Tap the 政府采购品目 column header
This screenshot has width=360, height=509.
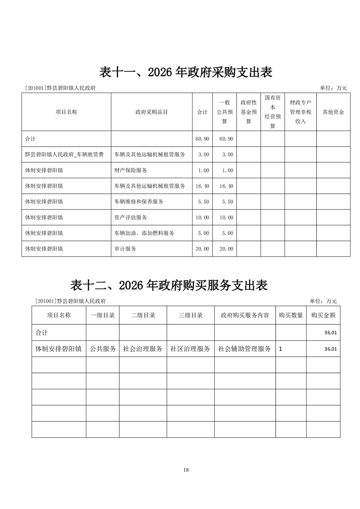coord(152,112)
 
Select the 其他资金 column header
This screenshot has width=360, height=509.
coord(333,112)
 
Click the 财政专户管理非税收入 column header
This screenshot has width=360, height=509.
coord(300,112)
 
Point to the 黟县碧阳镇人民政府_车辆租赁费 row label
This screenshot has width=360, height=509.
coord(64,154)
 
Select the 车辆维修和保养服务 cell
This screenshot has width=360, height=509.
coord(139,201)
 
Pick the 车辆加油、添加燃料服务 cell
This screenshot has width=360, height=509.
coord(144,233)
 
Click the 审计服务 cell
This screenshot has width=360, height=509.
coord(125,249)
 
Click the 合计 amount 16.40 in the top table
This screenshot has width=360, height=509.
coord(202,186)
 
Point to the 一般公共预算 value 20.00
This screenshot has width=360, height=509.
coord(226,249)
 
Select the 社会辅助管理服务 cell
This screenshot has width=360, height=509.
coord(244,349)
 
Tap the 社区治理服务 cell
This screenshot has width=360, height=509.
coord(190,349)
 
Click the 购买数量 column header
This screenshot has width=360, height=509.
coord(291,315)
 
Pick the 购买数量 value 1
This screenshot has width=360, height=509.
coord(281,349)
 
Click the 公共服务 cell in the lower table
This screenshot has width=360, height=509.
coord(103,349)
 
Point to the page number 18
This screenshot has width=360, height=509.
coord(186,470)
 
